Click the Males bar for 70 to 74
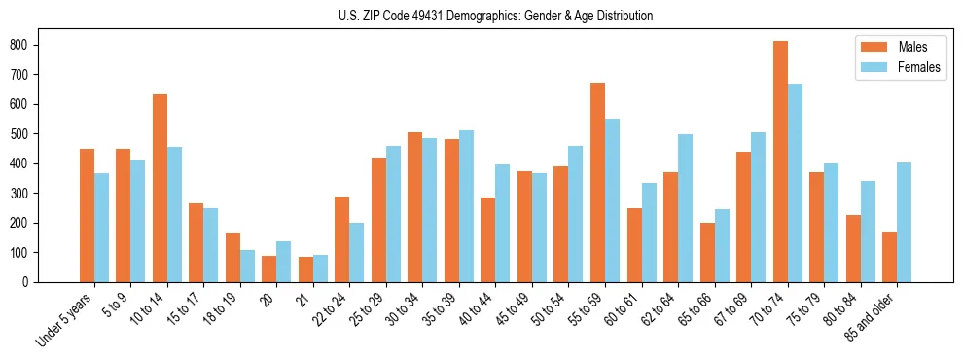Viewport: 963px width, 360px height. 780,162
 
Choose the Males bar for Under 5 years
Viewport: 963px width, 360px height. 87,215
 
